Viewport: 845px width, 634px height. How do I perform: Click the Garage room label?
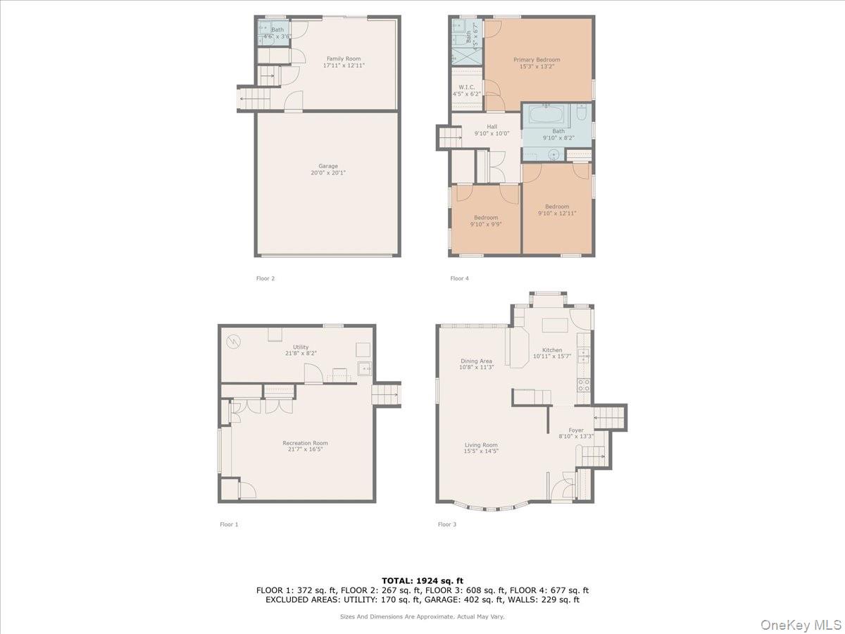[x=323, y=170]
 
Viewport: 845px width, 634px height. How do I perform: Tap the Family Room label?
[x=344, y=62]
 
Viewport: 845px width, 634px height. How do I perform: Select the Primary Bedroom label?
[x=537, y=63]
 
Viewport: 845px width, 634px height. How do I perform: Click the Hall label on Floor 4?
[x=492, y=130]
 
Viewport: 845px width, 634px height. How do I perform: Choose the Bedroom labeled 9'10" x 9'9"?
[x=486, y=221]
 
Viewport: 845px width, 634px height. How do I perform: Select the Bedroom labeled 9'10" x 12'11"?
[x=557, y=210]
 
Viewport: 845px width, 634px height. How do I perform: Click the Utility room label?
[x=301, y=350]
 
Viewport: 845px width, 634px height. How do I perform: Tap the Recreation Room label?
[x=305, y=446]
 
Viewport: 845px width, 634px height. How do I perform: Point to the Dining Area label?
[x=476, y=364]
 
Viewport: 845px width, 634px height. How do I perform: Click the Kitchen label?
[x=552, y=353]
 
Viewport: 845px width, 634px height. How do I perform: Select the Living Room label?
[x=481, y=448]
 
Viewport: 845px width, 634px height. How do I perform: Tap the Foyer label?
[x=576, y=433]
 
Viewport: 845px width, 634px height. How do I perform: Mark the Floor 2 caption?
[x=265, y=278]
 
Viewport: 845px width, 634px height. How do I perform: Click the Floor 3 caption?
[x=446, y=524]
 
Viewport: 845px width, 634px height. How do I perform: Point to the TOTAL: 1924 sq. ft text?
[x=422, y=580]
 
